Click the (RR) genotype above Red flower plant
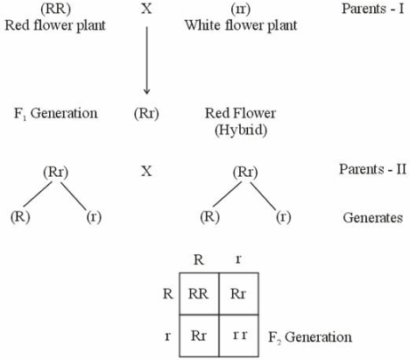click(56, 9)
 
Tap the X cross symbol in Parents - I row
click(146, 9)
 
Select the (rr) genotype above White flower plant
click(241, 10)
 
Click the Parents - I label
click(373, 9)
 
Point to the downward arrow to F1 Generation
click(146, 60)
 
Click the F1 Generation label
click(56, 113)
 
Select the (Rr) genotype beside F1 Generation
click(146, 114)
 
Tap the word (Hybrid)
click(241, 130)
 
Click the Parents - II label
click(372, 169)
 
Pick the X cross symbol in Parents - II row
click(146, 171)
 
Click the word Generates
click(373, 218)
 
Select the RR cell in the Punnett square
click(199, 293)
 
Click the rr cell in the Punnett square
click(240, 335)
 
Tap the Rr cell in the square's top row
click(238, 293)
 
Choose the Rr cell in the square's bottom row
click(199, 335)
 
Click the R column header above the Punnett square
click(199, 259)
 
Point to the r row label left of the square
click(167, 336)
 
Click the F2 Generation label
click(310, 337)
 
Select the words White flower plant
click(241, 25)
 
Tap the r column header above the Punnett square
click(238, 259)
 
